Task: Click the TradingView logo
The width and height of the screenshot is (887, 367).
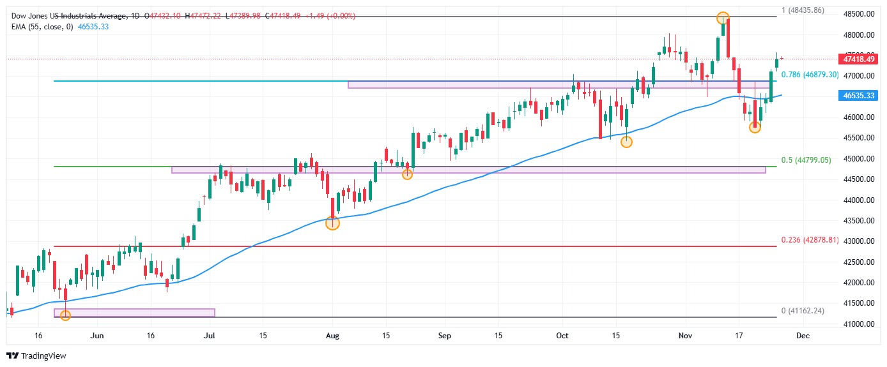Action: point(36,356)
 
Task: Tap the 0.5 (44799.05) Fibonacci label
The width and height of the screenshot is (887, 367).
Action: point(806,160)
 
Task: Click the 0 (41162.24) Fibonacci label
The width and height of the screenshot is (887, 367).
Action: point(804,311)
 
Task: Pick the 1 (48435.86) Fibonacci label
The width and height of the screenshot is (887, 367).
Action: point(804,11)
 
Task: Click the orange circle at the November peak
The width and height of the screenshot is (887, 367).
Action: point(722,18)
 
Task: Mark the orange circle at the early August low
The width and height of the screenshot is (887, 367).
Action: point(332,223)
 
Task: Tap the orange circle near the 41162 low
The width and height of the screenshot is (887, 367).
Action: point(65,315)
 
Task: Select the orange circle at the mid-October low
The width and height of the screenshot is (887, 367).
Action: point(626,142)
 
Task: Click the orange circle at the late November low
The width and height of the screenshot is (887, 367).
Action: point(755,127)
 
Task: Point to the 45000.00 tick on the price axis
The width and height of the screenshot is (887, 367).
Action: point(858,159)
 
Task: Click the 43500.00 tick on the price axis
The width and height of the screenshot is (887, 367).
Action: point(858,221)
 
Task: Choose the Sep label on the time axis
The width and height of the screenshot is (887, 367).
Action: point(445,335)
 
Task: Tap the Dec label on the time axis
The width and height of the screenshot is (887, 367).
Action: point(803,335)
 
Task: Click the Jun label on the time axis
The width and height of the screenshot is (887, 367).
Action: point(97,335)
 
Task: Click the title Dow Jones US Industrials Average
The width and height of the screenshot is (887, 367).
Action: point(68,15)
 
